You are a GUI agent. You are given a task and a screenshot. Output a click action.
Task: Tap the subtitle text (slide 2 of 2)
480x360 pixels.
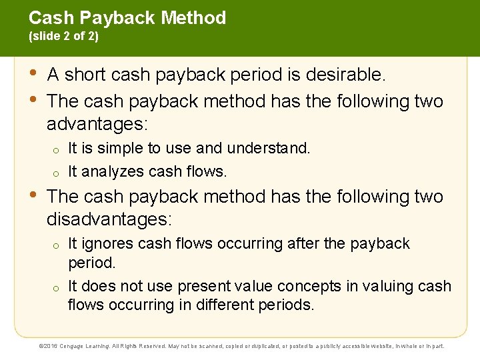(63, 37)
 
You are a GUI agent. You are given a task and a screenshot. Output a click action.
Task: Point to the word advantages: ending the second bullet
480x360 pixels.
(97, 125)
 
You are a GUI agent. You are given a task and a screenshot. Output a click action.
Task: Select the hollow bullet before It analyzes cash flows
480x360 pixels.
(58, 173)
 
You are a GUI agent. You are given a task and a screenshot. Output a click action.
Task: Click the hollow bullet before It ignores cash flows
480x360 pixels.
(58, 245)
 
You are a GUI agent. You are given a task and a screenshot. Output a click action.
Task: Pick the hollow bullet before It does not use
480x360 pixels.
(58, 287)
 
